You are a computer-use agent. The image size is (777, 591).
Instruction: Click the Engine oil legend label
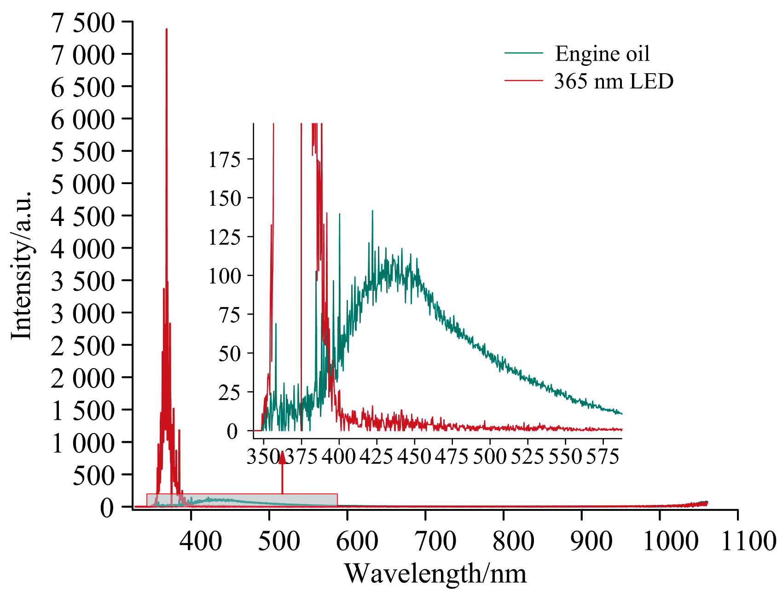tap(602, 54)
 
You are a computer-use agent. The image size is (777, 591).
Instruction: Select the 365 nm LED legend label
tap(614, 81)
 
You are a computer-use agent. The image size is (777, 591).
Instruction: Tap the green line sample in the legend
tap(524, 53)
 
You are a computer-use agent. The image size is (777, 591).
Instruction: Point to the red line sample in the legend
tap(524, 81)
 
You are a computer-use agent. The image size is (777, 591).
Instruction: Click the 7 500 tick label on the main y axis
tap(83, 23)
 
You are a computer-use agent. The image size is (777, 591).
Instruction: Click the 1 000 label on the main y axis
tap(83, 443)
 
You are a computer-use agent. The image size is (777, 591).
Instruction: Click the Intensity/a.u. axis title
tap(21, 265)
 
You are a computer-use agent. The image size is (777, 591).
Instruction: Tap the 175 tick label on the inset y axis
tap(225, 160)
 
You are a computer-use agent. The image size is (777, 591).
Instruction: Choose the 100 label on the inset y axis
tap(225, 277)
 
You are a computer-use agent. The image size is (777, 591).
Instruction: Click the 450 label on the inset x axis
tap(414, 456)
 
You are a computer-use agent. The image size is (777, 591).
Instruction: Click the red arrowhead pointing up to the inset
tap(282, 458)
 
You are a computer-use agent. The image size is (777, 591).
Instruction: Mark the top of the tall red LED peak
tap(166, 29)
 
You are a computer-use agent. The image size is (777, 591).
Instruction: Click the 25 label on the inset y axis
tap(229, 393)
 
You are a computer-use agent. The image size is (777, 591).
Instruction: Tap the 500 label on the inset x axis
tap(489, 456)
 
